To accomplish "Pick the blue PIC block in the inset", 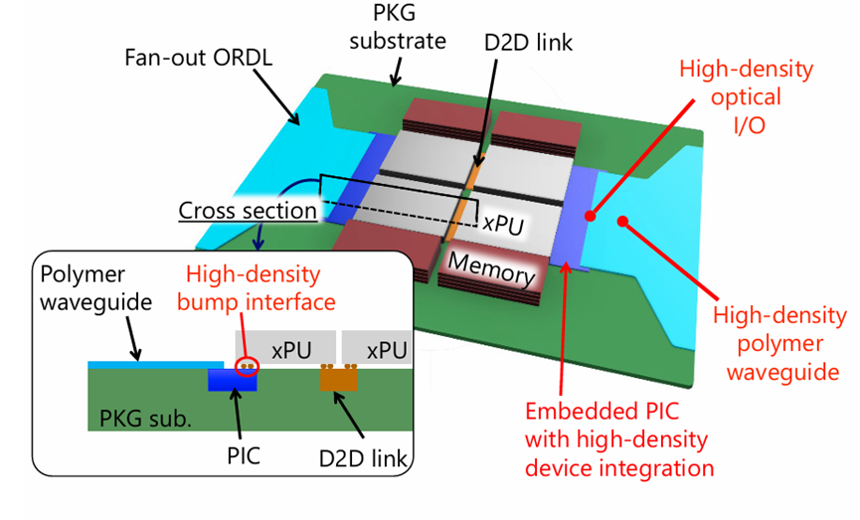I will (231, 381).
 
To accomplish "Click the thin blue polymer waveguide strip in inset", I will (154, 366).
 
